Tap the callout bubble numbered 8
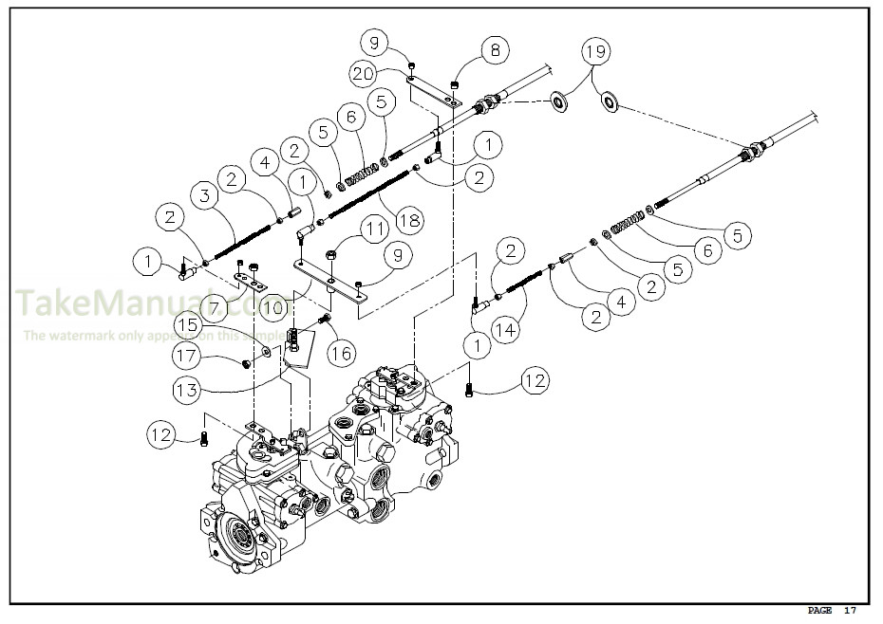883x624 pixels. [x=494, y=50]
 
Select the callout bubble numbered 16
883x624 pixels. [x=339, y=353]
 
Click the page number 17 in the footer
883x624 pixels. [x=850, y=610]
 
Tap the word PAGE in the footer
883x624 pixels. [x=820, y=610]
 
